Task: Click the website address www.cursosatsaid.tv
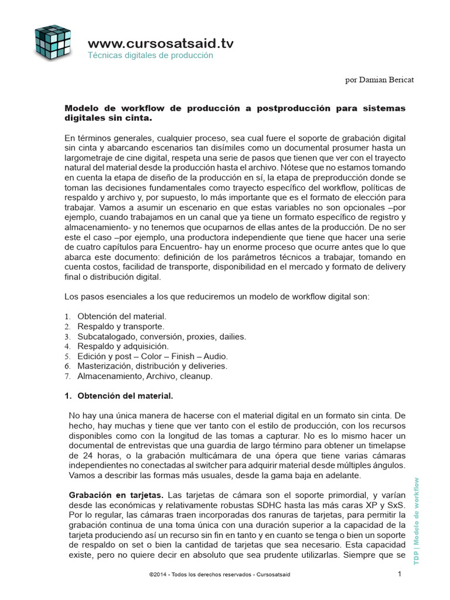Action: (x=161, y=43)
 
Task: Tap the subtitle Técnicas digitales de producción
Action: (x=150, y=56)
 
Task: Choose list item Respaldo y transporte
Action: (x=121, y=326)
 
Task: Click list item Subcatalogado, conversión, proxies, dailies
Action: (x=162, y=336)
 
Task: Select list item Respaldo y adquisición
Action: (x=123, y=346)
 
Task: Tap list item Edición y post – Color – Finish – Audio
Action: (x=152, y=356)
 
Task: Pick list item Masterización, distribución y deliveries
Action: (x=152, y=366)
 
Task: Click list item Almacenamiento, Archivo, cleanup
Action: (x=145, y=376)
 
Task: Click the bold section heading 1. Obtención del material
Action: (x=118, y=396)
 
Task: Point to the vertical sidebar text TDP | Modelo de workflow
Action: (x=417, y=521)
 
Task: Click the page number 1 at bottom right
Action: (x=399, y=574)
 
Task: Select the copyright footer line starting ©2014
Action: (x=220, y=575)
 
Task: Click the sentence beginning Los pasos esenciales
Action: (x=217, y=296)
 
